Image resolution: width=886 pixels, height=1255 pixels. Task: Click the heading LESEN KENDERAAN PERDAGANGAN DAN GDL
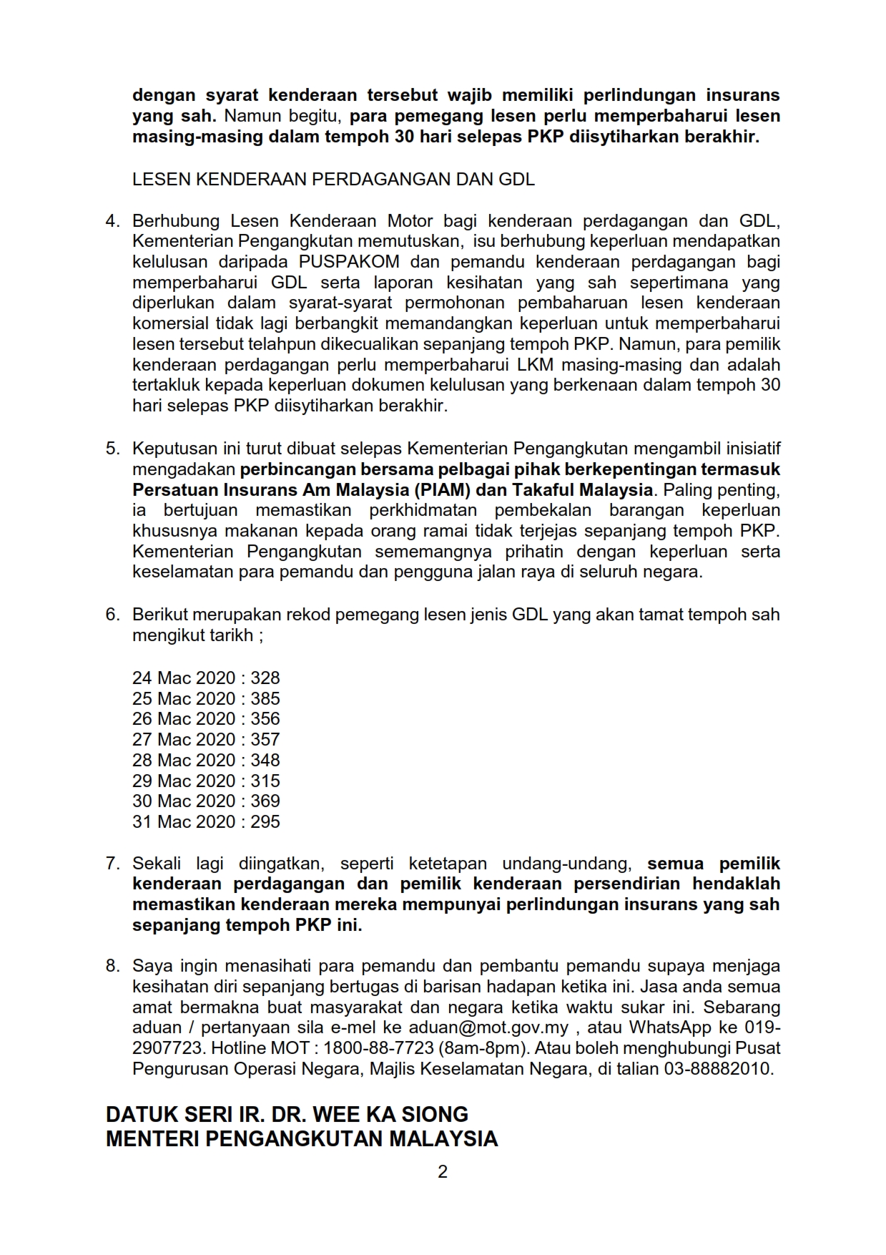point(333,179)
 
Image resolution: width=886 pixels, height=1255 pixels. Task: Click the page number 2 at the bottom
point(443,1171)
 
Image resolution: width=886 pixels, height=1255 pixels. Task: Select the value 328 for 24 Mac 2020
point(265,678)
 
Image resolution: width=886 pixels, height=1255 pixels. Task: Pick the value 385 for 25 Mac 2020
point(265,698)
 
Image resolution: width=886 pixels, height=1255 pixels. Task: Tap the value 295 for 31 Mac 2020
point(265,821)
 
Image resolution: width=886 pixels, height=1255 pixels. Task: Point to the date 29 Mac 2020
point(184,781)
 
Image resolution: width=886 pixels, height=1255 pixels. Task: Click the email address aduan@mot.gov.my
point(488,1027)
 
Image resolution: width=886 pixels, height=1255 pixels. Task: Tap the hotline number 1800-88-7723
point(379,1048)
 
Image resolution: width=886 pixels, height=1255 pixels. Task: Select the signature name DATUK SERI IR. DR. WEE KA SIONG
point(287,1114)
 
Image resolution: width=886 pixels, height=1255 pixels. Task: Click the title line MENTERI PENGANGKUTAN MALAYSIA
point(302,1138)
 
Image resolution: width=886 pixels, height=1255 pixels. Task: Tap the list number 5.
point(113,449)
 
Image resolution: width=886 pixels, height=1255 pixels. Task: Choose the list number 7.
point(113,863)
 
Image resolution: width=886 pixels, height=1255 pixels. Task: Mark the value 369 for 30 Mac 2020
point(265,801)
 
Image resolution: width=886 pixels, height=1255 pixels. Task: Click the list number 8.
point(113,966)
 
